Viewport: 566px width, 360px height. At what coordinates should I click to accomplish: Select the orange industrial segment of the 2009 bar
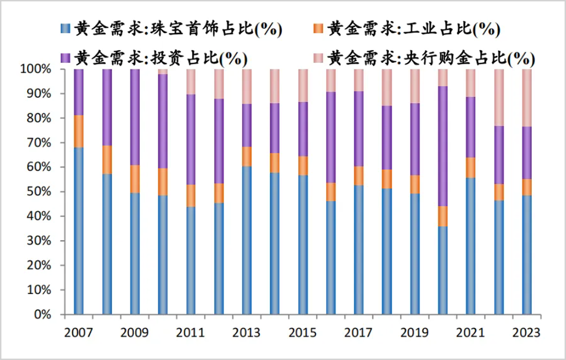pos(135,179)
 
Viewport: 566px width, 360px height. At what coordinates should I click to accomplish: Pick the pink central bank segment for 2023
pos(527,98)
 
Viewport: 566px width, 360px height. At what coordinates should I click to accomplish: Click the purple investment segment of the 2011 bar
pos(190,139)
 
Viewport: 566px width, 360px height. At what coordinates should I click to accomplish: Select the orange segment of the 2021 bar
pos(470,168)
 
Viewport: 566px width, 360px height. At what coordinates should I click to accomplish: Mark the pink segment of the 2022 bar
pos(499,98)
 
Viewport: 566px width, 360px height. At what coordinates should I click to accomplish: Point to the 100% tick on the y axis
pos(38,69)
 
